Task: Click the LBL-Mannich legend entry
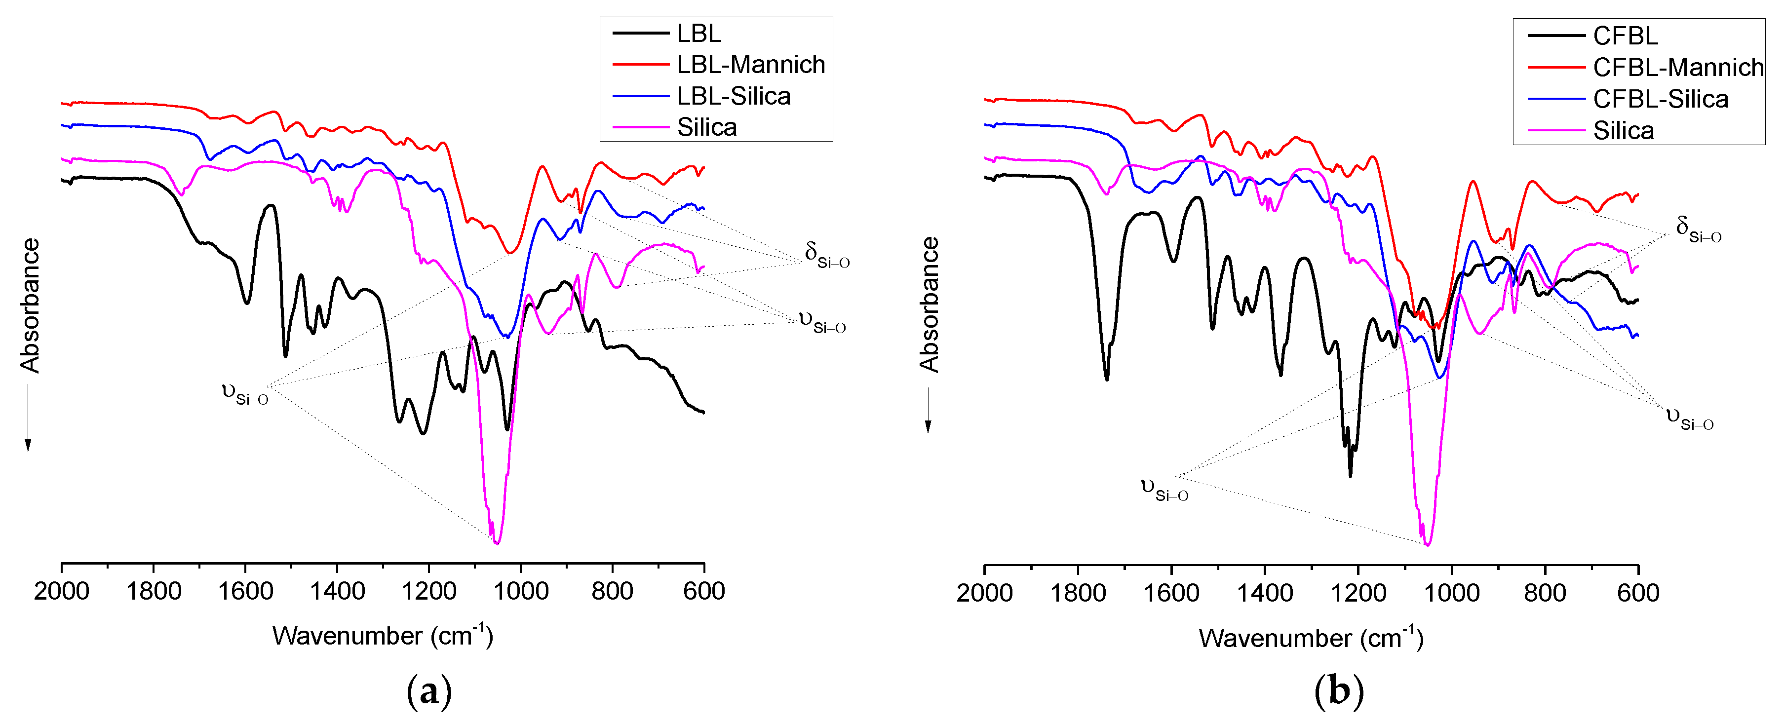751,64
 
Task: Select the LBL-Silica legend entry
734,96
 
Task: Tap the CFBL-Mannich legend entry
1677,67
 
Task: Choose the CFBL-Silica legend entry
1660,99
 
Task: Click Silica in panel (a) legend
706,127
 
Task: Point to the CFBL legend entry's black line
1555,36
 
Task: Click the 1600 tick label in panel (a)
245,592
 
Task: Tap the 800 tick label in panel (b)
1545,594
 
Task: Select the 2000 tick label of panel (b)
984,594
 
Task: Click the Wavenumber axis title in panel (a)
382,635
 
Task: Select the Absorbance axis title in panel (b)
930,305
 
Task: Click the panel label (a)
429,691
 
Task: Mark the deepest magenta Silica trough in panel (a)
497,543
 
